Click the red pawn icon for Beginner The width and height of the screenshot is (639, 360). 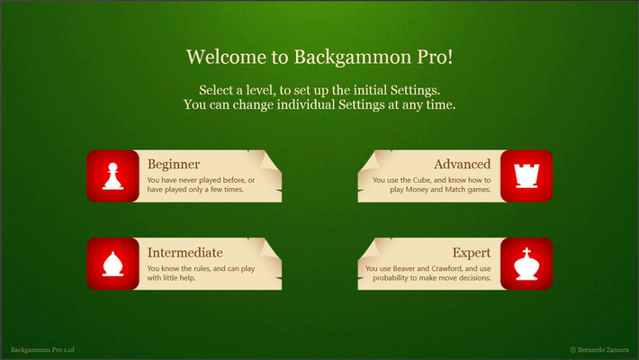point(112,176)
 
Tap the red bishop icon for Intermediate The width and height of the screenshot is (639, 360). point(112,264)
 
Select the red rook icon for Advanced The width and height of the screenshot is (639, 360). point(526,176)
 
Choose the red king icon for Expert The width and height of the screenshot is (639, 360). point(526,264)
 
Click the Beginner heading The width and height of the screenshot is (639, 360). point(174,164)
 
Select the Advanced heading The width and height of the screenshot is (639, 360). point(462,164)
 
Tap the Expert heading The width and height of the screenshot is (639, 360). point(472,252)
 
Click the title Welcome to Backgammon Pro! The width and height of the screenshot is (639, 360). point(319,57)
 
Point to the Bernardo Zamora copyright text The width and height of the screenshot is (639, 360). point(599,349)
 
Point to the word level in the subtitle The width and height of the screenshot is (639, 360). point(265,90)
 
